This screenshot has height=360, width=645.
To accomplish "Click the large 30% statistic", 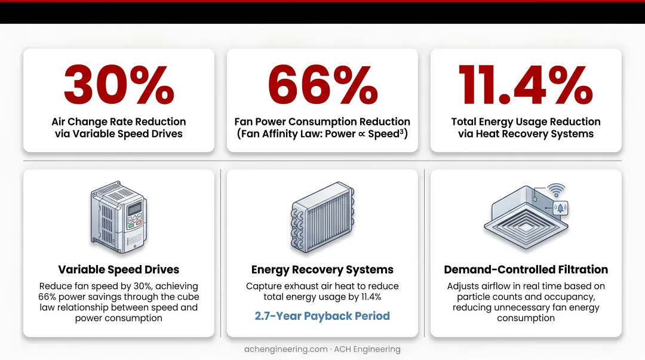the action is [x=119, y=85].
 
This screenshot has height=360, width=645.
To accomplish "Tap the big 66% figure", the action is [x=322, y=85].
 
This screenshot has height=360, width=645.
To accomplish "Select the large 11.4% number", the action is [x=526, y=85].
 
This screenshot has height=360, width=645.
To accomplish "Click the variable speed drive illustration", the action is [x=119, y=217].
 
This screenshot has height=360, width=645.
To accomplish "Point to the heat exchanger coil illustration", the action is [x=322, y=217].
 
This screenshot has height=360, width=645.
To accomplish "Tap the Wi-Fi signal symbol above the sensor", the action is [x=556, y=190].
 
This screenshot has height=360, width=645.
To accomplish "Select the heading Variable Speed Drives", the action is [x=119, y=269].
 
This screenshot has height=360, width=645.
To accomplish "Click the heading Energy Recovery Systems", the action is [x=322, y=269].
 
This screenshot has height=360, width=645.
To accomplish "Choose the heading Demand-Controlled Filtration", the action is [x=526, y=269].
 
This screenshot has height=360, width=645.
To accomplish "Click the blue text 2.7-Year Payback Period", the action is [x=322, y=316].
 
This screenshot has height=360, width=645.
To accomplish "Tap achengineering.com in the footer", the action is [x=286, y=349].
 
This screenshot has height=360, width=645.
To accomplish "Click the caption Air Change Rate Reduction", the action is [x=119, y=122].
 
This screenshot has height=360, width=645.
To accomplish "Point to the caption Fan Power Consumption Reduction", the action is [x=322, y=122].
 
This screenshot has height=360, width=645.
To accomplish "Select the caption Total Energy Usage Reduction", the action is [x=526, y=122].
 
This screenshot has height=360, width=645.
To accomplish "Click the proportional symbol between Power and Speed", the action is [x=362, y=134].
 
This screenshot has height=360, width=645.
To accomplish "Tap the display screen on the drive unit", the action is [x=134, y=209].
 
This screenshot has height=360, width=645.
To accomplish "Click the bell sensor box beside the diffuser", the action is [x=560, y=208].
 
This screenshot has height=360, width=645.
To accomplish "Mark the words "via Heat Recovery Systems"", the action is [x=526, y=134].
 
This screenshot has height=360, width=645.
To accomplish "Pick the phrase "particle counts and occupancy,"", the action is [x=526, y=297].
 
